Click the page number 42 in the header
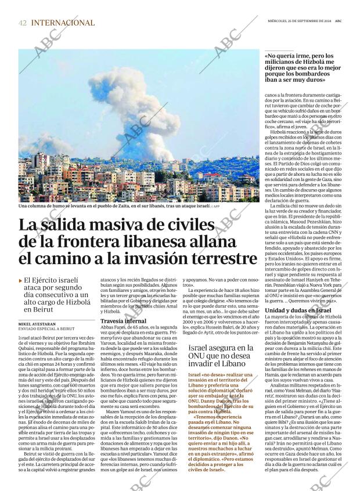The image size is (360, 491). tap(23, 23)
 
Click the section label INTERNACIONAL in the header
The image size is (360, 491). tap(63, 23)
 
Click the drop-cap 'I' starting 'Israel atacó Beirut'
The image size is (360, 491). tap(20, 337)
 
